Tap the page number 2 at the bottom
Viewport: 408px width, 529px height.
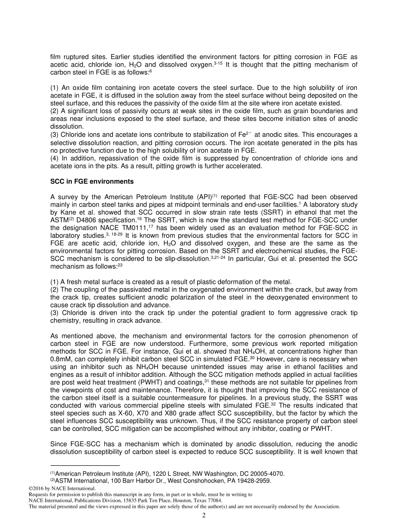tap(204, 516)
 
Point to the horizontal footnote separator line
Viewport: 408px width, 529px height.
tap(85, 465)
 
